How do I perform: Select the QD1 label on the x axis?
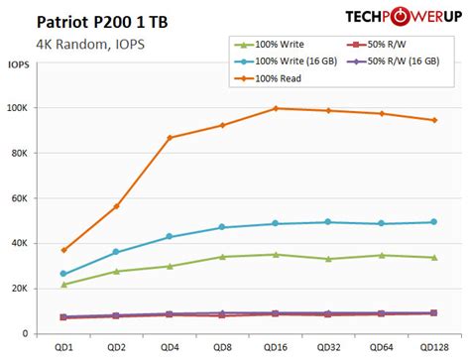(x=64, y=348)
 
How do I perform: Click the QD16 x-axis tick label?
(x=275, y=348)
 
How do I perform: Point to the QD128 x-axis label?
(x=432, y=348)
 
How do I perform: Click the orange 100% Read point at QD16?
(x=275, y=108)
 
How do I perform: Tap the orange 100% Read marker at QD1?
(x=64, y=250)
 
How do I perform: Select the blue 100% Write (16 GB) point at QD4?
(x=170, y=237)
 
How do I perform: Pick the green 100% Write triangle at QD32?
(x=327, y=259)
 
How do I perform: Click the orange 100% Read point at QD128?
(x=432, y=120)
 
